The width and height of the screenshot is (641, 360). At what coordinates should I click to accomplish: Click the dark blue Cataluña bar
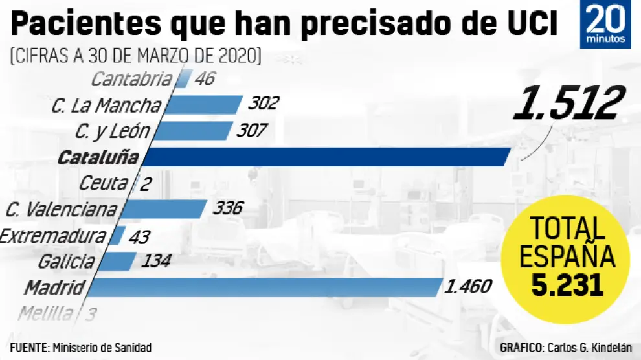[x=327, y=157]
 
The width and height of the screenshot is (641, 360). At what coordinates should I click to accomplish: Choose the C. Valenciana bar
[x=163, y=208]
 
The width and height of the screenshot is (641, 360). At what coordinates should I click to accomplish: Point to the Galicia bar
[x=117, y=261]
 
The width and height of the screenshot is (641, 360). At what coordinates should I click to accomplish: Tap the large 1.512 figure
[x=568, y=104]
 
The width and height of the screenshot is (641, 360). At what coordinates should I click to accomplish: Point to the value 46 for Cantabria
[x=202, y=80]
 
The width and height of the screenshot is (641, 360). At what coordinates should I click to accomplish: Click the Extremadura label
[x=52, y=235]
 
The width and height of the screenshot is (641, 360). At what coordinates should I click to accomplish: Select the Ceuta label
[x=103, y=183]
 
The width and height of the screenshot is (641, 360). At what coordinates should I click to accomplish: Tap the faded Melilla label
[x=45, y=314]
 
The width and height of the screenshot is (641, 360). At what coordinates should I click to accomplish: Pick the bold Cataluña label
[x=98, y=157]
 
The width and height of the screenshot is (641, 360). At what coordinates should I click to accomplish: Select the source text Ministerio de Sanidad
[x=102, y=348]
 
